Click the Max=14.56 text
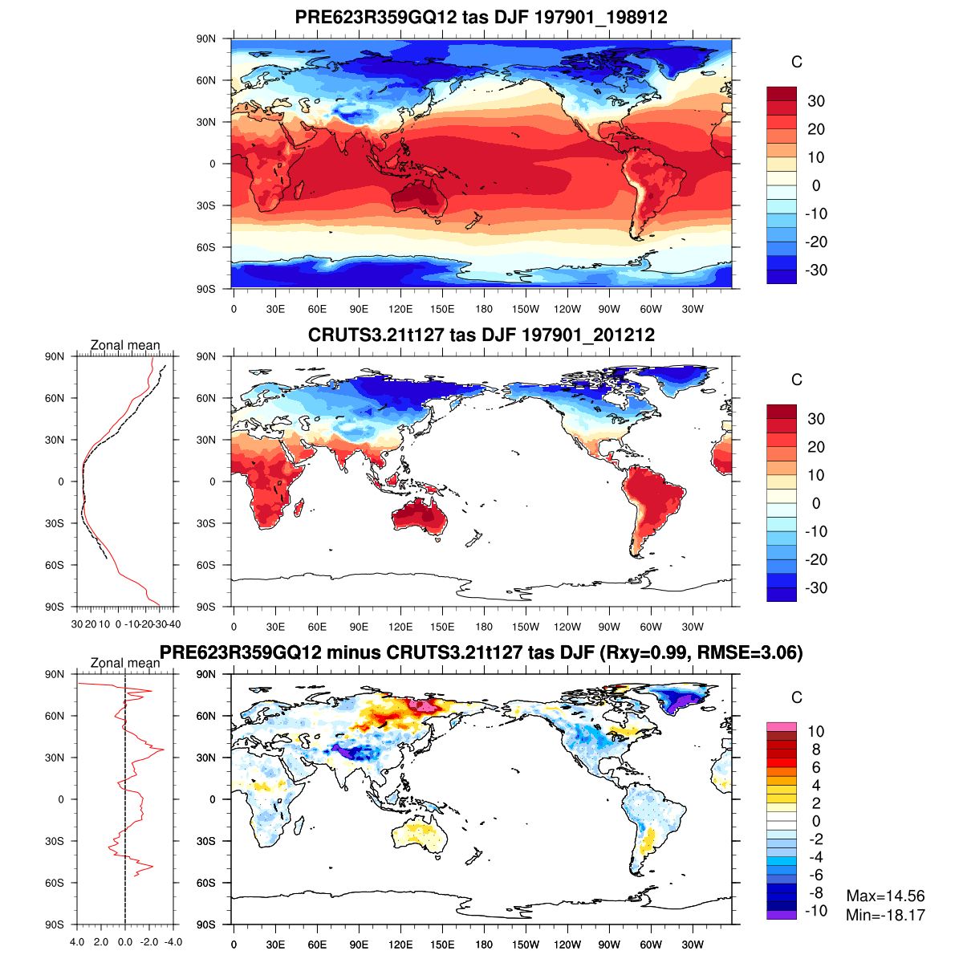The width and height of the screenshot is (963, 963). [885, 896]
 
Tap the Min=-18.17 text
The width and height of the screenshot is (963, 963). [885, 915]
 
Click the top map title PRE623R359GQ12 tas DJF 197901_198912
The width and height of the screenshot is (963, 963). [481, 17]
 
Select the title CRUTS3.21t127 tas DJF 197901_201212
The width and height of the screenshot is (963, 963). [481, 335]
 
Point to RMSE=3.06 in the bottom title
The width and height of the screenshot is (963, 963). [749, 652]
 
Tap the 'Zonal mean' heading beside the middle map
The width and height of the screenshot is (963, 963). [125, 346]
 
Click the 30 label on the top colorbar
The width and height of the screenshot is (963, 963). [816, 101]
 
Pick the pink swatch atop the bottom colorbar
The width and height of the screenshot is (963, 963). [782, 726]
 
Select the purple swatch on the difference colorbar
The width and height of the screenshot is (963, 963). [782, 915]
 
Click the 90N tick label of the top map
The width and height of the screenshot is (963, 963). [206, 39]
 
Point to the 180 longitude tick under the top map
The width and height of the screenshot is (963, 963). [484, 309]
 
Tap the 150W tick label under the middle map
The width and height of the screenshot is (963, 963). [526, 627]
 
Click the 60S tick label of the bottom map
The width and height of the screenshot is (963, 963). [206, 883]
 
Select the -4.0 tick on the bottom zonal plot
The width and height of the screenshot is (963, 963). [173, 942]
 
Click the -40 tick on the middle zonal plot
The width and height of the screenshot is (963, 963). [173, 624]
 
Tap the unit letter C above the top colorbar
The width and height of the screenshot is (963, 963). [796, 63]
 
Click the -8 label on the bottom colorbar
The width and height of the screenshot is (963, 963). [816, 893]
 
